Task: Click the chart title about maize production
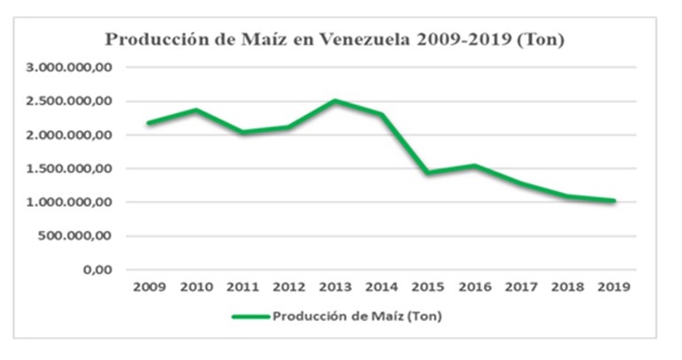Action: coord(335,40)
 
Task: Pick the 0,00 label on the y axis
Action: coord(92,269)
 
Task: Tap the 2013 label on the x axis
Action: coord(336,288)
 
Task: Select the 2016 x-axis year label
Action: coord(475,288)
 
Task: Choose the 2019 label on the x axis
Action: coord(613,288)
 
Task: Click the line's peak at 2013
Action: coord(336,101)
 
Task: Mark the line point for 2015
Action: coord(429,172)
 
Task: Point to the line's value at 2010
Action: coord(195,110)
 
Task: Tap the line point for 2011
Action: coord(241,132)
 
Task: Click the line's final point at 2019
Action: coord(613,201)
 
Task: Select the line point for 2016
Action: coord(475,165)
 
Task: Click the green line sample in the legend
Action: coord(250,317)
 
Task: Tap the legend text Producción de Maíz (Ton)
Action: coord(356,317)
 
